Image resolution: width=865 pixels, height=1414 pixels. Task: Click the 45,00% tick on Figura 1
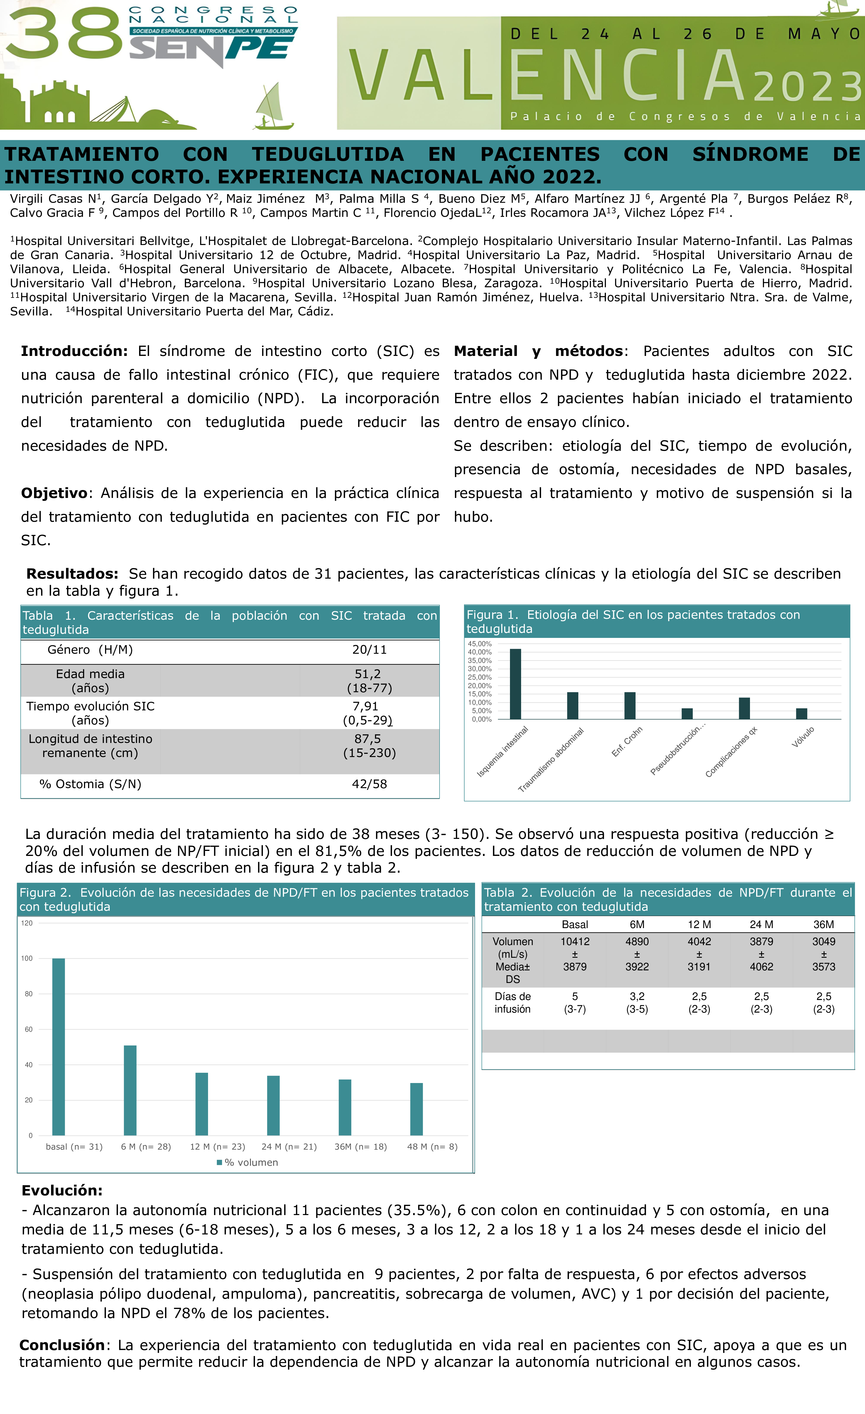point(480,644)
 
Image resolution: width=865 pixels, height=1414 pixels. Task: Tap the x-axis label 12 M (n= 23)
point(217,1147)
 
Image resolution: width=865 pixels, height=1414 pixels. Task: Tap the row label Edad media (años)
point(90,681)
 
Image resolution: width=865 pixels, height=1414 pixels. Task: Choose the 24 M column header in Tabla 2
point(761,925)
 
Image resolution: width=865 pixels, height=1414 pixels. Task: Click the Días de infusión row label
point(513,1003)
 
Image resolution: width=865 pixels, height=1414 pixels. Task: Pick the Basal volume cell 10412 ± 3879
point(575,954)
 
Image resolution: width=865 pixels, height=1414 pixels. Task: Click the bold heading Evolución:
point(62,1190)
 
